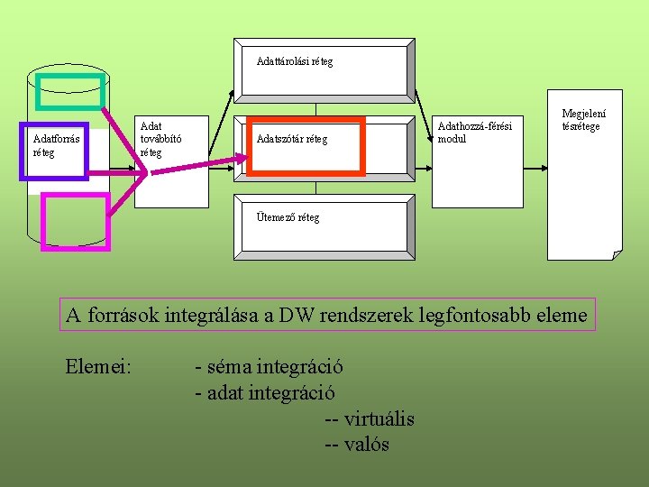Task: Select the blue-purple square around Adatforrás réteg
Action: point(54,151)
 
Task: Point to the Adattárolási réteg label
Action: point(295,61)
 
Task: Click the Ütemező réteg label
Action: point(288,216)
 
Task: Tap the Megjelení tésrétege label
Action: point(583,120)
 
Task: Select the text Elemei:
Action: point(99,367)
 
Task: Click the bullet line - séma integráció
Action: point(269,367)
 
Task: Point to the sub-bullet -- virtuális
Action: point(369,418)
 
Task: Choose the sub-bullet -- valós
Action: point(356,444)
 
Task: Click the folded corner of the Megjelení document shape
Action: point(616,254)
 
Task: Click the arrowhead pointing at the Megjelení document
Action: point(544,168)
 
